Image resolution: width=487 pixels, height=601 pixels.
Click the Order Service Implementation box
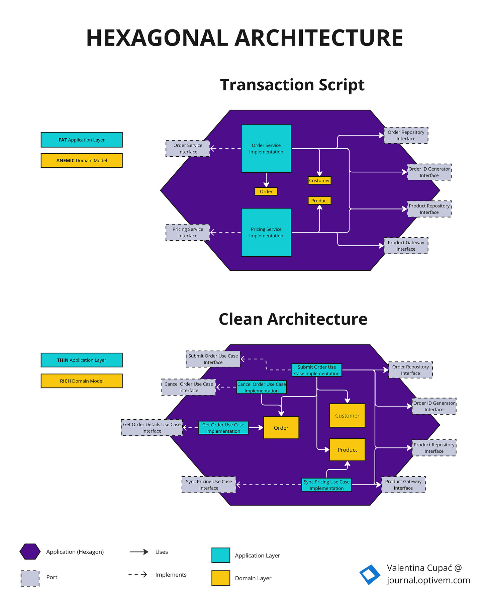coord(266,148)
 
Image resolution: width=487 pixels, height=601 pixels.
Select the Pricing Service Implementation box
coord(266,232)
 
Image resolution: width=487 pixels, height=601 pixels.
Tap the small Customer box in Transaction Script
coord(319,180)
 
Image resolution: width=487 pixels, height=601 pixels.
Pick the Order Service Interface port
coord(188,148)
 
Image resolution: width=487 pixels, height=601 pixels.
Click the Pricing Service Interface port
coord(188,232)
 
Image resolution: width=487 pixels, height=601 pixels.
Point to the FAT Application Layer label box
coord(82,140)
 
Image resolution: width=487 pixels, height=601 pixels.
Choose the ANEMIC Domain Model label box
coord(82,160)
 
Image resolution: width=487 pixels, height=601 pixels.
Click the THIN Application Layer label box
coord(82,360)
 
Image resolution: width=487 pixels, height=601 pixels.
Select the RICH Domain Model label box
coord(82,381)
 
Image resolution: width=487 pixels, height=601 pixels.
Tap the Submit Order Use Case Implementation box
coord(317,370)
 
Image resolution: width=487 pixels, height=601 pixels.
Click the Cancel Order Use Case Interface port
coord(189,387)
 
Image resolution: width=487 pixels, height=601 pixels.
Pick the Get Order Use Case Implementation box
coord(223,428)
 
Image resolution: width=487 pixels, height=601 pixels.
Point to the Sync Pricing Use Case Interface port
coord(209,485)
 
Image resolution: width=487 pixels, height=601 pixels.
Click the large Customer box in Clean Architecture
coord(347,415)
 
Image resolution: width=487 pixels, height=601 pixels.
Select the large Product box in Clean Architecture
coord(347,450)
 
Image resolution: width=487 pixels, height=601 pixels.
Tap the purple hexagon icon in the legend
coord(30,551)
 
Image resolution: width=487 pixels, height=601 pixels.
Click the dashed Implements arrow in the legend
coord(138,575)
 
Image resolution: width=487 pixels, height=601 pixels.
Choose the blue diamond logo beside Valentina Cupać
coord(370,575)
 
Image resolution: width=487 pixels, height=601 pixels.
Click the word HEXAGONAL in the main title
coord(157,38)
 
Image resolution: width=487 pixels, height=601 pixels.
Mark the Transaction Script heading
coord(292,85)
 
